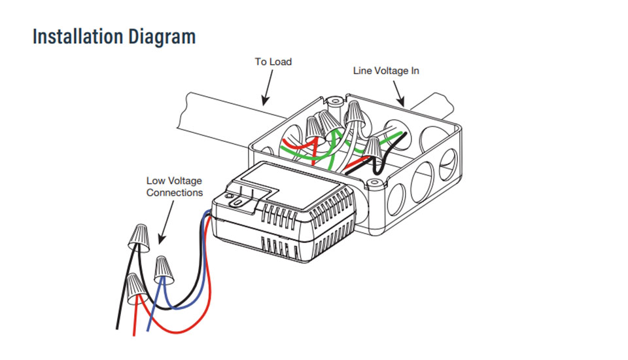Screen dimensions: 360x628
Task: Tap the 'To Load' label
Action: coord(273,62)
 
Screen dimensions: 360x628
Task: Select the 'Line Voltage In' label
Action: coord(386,70)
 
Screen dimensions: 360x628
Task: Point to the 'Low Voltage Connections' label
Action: coord(174,187)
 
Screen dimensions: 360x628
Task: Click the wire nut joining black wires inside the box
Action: coord(372,148)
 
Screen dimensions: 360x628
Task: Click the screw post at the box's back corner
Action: coord(335,102)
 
